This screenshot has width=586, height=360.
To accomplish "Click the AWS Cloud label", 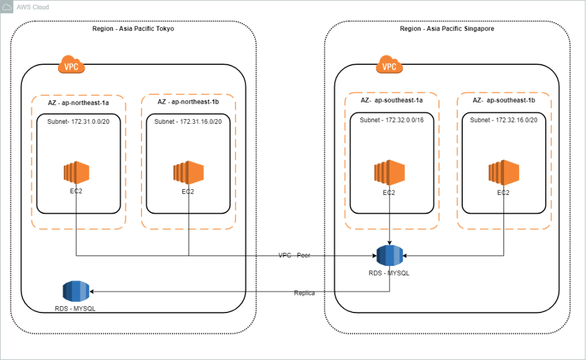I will [x=33, y=7].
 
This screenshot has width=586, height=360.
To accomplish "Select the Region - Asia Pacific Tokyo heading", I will [x=133, y=29].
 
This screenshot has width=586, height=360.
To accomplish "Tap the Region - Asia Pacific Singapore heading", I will [x=447, y=29].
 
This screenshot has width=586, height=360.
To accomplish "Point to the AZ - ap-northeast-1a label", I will [x=78, y=101].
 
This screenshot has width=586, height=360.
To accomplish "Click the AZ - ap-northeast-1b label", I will [x=188, y=101].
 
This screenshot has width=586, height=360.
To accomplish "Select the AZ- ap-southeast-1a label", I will [x=392, y=100].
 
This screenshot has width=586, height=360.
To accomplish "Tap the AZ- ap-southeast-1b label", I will [x=504, y=100].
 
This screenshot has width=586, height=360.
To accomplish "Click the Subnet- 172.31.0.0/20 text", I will [x=78, y=122].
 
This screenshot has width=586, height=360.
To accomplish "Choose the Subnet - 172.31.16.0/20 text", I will [x=188, y=122].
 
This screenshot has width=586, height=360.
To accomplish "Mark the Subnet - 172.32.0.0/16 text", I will [x=392, y=120].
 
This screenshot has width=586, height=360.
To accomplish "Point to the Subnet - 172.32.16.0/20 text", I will [x=504, y=120].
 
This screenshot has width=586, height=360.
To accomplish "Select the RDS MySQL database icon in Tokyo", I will [x=76, y=291].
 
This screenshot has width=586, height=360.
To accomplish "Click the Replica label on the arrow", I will [x=304, y=293].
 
